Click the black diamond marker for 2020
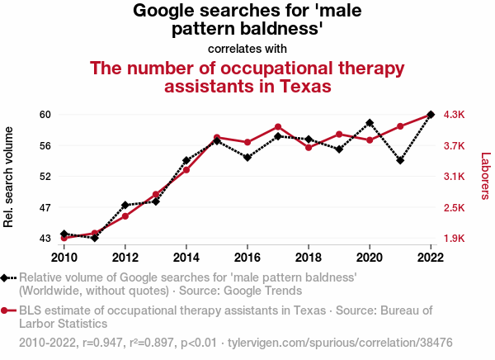[x=370, y=123]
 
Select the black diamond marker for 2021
[x=400, y=160]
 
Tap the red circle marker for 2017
[x=278, y=127]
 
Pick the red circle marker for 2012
[x=125, y=216]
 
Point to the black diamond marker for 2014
[x=186, y=160]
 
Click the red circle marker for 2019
[x=339, y=135]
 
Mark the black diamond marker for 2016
[x=247, y=157]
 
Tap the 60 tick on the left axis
[x=45, y=115]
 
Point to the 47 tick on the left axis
[x=45, y=207]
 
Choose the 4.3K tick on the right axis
[x=455, y=115]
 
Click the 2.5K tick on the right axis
[x=455, y=207]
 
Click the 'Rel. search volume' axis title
[x=10, y=177]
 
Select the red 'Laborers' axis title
[x=485, y=176]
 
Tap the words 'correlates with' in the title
[x=247, y=48]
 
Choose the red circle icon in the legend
[x=7, y=311]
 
